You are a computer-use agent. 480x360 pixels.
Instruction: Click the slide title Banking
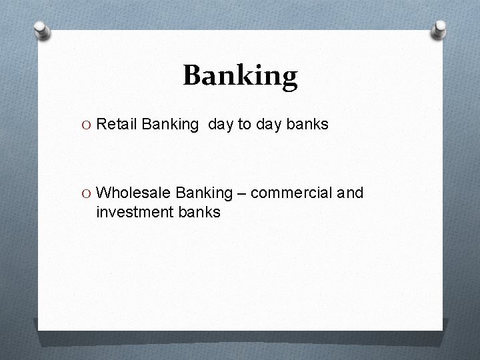point(240,76)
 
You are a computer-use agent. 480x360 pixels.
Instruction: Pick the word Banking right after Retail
point(170,124)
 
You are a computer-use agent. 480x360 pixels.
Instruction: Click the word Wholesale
point(135,193)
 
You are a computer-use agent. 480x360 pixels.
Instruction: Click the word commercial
point(292,193)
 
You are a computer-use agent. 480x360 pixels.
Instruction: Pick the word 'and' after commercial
point(351,193)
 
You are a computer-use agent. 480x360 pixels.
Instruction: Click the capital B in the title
point(193,76)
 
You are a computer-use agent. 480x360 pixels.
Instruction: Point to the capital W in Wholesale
point(104,193)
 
